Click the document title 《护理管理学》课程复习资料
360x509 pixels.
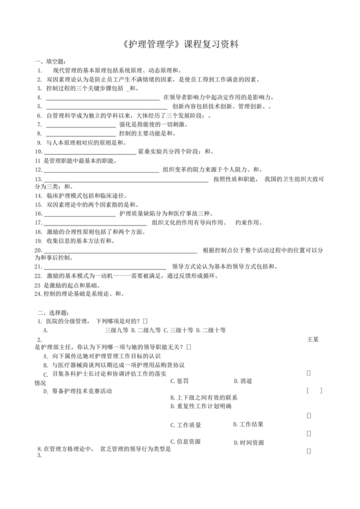click(180, 44)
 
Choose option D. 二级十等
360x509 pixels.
click(211, 329)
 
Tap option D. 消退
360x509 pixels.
click(241, 380)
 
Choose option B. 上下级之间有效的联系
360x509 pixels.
click(204, 397)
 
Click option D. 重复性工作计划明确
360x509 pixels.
click(201, 406)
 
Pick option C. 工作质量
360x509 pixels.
click(186, 424)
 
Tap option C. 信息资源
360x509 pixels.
click(186, 442)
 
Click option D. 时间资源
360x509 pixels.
click(248, 442)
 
